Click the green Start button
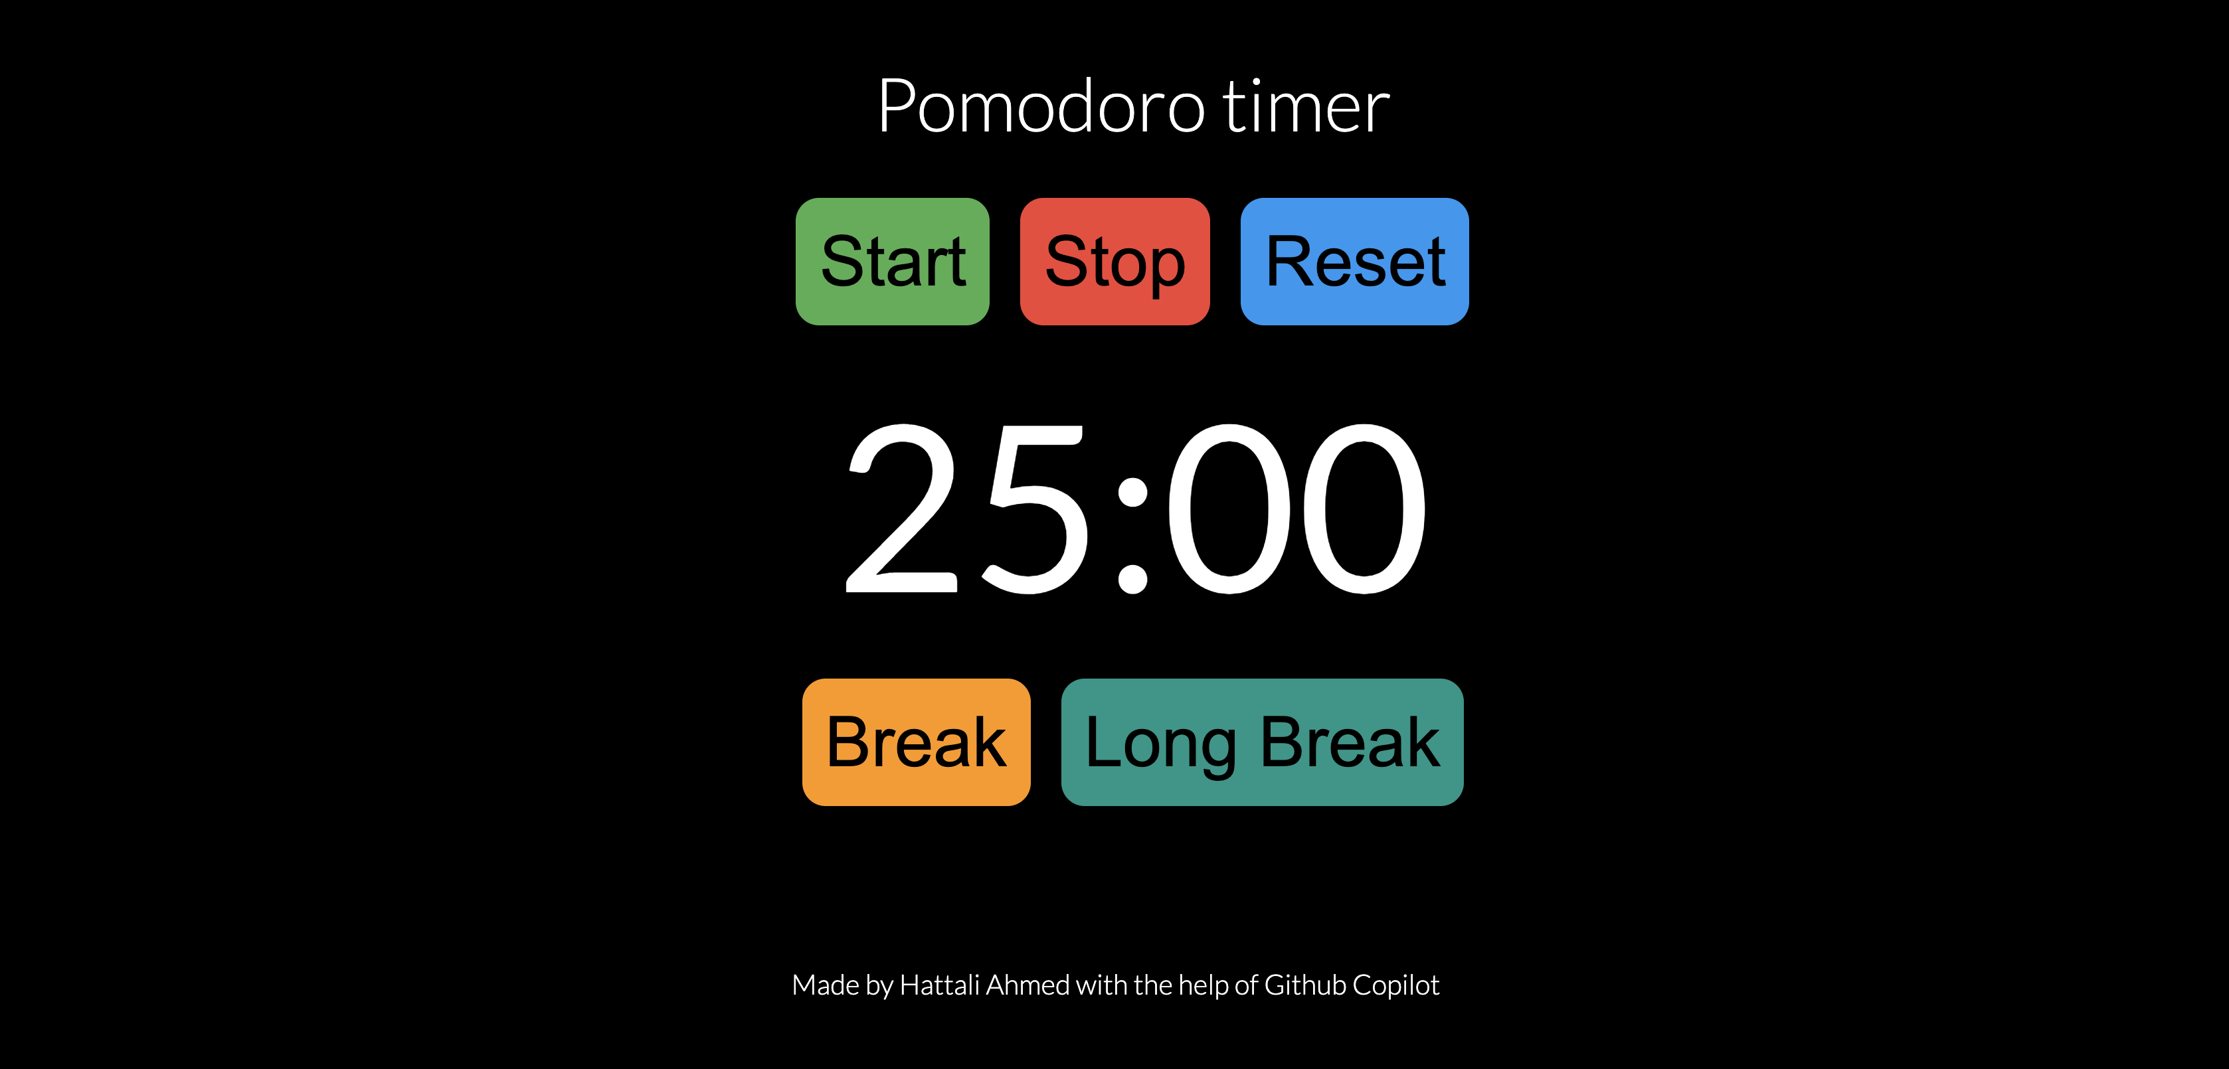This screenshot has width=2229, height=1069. click(x=892, y=261)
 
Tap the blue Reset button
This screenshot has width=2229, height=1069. click(x=1354, y=261)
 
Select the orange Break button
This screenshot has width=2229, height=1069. click(x=917, y=742)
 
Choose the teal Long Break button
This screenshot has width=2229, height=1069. click(x=1263, y=742)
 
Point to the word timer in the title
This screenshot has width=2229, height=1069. click(x=1306, y=106)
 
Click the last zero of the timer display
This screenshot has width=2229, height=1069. click(x=1363, y=509)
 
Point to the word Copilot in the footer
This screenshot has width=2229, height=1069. click(x=1395, y=985)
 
